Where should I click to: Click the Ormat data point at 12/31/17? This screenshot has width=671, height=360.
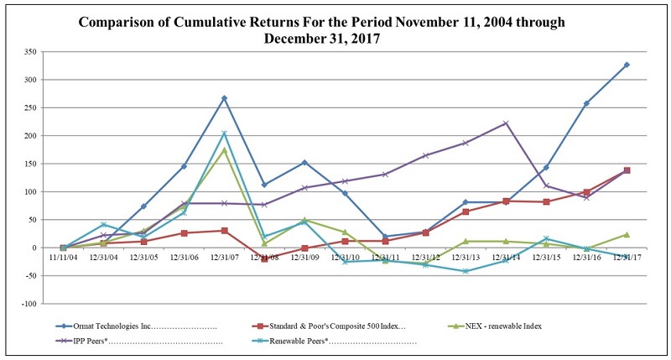[x=627, y=65]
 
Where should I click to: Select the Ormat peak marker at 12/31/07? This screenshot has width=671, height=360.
[x=224, y=98]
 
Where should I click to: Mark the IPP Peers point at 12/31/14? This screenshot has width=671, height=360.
[x=506, y=123]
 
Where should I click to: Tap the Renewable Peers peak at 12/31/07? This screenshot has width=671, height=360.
[x=224, y=133]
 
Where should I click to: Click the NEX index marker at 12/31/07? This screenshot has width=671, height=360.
[x=224, y=149]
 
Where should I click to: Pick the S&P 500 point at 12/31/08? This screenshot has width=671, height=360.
[x=264, y=259]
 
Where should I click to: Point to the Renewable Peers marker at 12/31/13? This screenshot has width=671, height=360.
[x=466, y=271]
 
